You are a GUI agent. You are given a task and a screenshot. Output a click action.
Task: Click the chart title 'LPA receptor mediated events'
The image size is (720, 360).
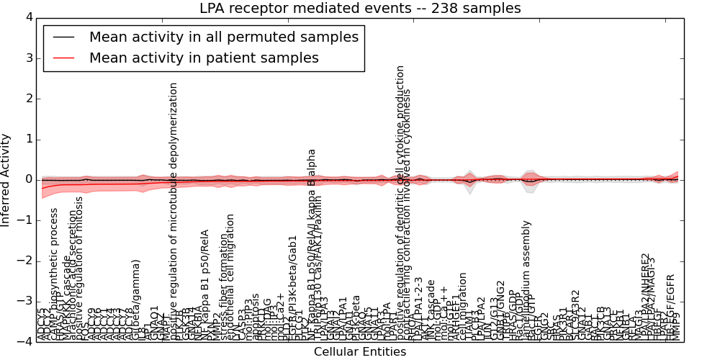(360, 8)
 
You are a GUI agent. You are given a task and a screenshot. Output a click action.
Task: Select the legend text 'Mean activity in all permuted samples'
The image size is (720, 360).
(223, 37)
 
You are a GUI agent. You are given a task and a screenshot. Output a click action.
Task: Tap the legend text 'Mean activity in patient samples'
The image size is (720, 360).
(204, 58)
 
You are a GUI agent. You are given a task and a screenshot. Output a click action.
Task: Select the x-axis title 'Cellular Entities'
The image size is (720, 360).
(360, 351)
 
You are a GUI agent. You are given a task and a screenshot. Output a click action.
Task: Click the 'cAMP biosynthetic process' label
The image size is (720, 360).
(55, 274)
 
